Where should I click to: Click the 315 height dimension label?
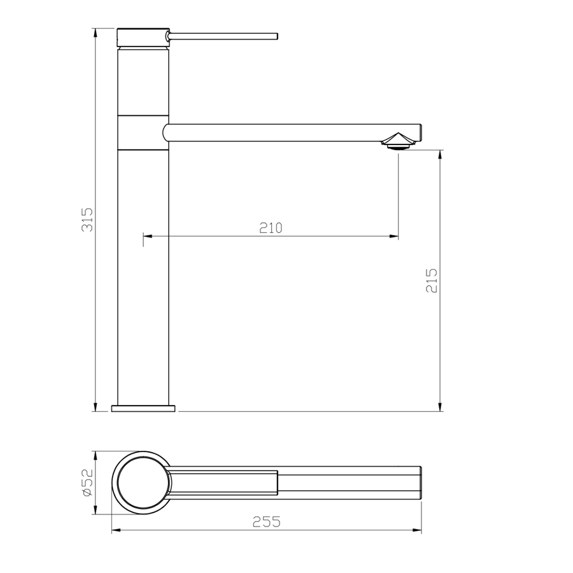coord(87,220)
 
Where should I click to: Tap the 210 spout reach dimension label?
coord(271,228)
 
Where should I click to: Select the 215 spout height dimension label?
coord(432,281)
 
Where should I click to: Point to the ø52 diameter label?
coord(88,483)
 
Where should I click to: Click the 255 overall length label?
coord(266,522)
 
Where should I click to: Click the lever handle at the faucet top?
coord(222,36)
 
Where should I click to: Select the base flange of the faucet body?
coord(143,408)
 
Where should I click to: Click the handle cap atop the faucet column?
coord(143,38)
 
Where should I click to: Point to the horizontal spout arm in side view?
coord(292,132)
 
